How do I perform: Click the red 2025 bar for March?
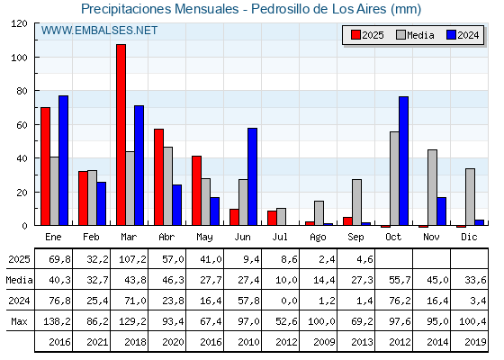121,135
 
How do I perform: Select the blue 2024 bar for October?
404,161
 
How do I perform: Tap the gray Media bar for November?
432,187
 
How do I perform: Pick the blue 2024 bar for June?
253,176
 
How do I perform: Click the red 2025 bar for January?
45,166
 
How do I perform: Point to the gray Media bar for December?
470,197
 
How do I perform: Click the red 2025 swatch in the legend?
355,35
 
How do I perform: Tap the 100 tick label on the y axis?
19,58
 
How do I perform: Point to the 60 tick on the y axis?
36,124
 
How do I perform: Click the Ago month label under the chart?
318,238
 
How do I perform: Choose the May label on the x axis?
204,238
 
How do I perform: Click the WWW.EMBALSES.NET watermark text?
99,31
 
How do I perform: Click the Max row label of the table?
19,321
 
